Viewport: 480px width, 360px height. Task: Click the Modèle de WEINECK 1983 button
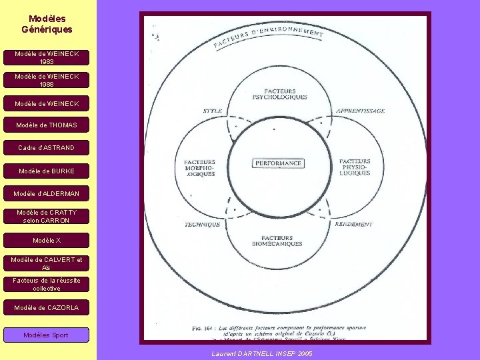tap(47, 57)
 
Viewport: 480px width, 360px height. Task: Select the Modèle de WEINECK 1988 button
tap(47, 80)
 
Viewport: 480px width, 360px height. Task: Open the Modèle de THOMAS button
tap(47, 125)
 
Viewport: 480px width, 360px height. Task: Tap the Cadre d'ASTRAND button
tap(47, 147)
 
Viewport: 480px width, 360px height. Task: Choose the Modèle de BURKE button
tap(47, 171)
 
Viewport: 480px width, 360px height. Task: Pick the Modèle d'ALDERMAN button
tap(47, 194)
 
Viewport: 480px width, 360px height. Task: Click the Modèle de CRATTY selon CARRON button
tap(47, 216)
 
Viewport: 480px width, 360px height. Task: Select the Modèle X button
tap(47, 240)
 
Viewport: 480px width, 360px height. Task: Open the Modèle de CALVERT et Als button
tap(47, 263)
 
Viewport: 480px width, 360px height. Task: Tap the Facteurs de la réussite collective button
tap(47, 285)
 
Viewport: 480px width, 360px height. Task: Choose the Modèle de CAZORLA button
tap(47, 308)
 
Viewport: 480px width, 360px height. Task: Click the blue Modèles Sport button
tap(46, 335)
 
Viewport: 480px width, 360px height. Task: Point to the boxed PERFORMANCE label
tap(278, 163)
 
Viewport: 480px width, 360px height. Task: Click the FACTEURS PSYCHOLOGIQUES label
tap(285, 94)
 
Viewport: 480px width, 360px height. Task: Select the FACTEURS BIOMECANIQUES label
tap(282, 241)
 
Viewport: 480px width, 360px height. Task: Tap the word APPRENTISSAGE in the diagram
tap(360, 111)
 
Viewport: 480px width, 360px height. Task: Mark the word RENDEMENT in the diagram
tap(354, 224)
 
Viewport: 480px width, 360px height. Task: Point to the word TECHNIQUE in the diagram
tap(202, 225)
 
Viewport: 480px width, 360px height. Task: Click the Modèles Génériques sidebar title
tap(47, 25)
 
